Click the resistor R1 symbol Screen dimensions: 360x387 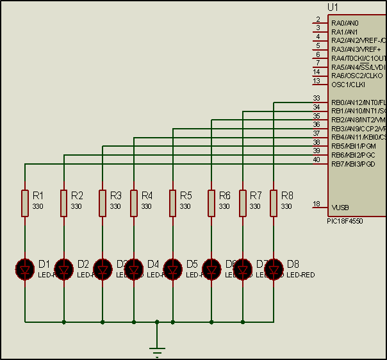click(x=25, y=202)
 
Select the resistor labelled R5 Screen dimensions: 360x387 click(x=172, y=202)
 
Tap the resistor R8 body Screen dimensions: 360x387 click(x=274, y=202)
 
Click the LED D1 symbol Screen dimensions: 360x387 click(x=25, y=268)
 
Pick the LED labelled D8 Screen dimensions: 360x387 click(x=274, y=268)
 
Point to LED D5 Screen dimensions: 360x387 click(x=172, y=268)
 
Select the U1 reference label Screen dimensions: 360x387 click(x=333, y=7)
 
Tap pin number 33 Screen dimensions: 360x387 click(x=317, y=98)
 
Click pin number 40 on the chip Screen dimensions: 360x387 click(x=317, y=160)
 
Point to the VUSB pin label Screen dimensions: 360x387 click(x=340, y=208)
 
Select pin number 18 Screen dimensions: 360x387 click(x=317, y=204)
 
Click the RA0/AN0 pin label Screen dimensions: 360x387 click(x=345, y=23)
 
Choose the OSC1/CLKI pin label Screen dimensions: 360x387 click(x=348, y=85)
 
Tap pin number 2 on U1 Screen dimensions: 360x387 click(x=318, y=19)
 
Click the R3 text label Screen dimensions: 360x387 click(x=116, y=195)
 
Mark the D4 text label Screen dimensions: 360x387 click(x=153, y=263)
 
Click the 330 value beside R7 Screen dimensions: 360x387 click(x=255, y=206)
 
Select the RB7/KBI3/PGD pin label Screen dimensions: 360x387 click(x=353, y=164)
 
